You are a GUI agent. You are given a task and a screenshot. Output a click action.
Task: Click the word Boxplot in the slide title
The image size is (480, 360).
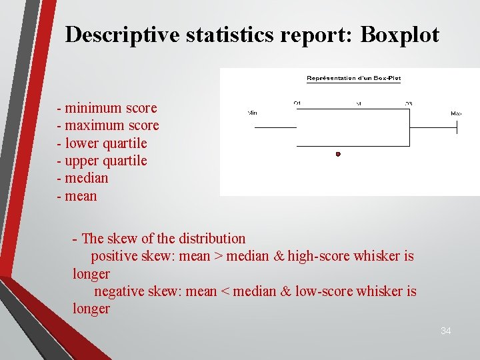pos(399,35)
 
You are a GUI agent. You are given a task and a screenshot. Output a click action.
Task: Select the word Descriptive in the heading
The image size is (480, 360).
pos(122,35)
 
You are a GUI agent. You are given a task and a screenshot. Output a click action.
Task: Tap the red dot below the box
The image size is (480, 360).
pos(338,154)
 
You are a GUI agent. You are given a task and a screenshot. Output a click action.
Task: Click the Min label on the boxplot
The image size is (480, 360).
pos(253,113)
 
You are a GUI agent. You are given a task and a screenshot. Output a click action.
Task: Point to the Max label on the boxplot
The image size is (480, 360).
pos(456,113)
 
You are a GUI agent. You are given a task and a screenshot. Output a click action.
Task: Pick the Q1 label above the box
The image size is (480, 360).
pos(297,103)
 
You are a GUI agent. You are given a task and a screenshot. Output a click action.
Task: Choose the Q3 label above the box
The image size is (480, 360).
pos(409,103)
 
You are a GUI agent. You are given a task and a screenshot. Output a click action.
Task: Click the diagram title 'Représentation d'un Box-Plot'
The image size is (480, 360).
pos(353,78)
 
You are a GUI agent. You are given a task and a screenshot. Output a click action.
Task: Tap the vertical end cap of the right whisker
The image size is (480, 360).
pos(457,127)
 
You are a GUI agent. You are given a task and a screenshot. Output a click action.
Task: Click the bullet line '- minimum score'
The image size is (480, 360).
pos(107,108)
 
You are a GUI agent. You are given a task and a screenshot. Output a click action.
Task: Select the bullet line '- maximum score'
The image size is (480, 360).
pos(108,125)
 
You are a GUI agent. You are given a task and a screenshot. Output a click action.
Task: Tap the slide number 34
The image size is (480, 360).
pos(445,331)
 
